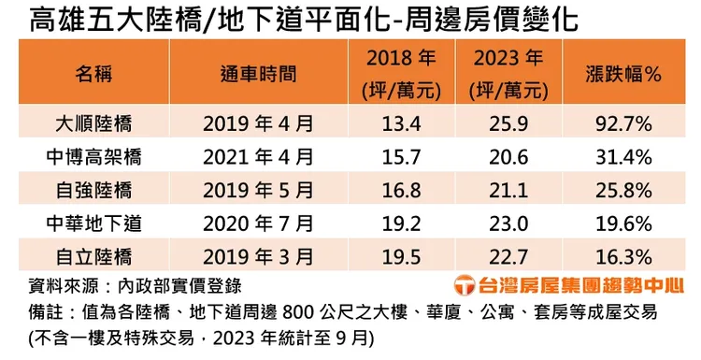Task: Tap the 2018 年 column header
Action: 400,73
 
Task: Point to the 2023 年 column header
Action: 509,73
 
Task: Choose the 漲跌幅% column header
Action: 622,73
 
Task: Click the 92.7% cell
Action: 622,122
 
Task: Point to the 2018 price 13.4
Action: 400,122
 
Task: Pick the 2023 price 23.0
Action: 509,223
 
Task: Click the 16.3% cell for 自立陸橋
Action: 622,255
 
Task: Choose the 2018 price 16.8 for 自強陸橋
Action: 400,189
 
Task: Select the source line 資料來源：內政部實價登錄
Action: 141,284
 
